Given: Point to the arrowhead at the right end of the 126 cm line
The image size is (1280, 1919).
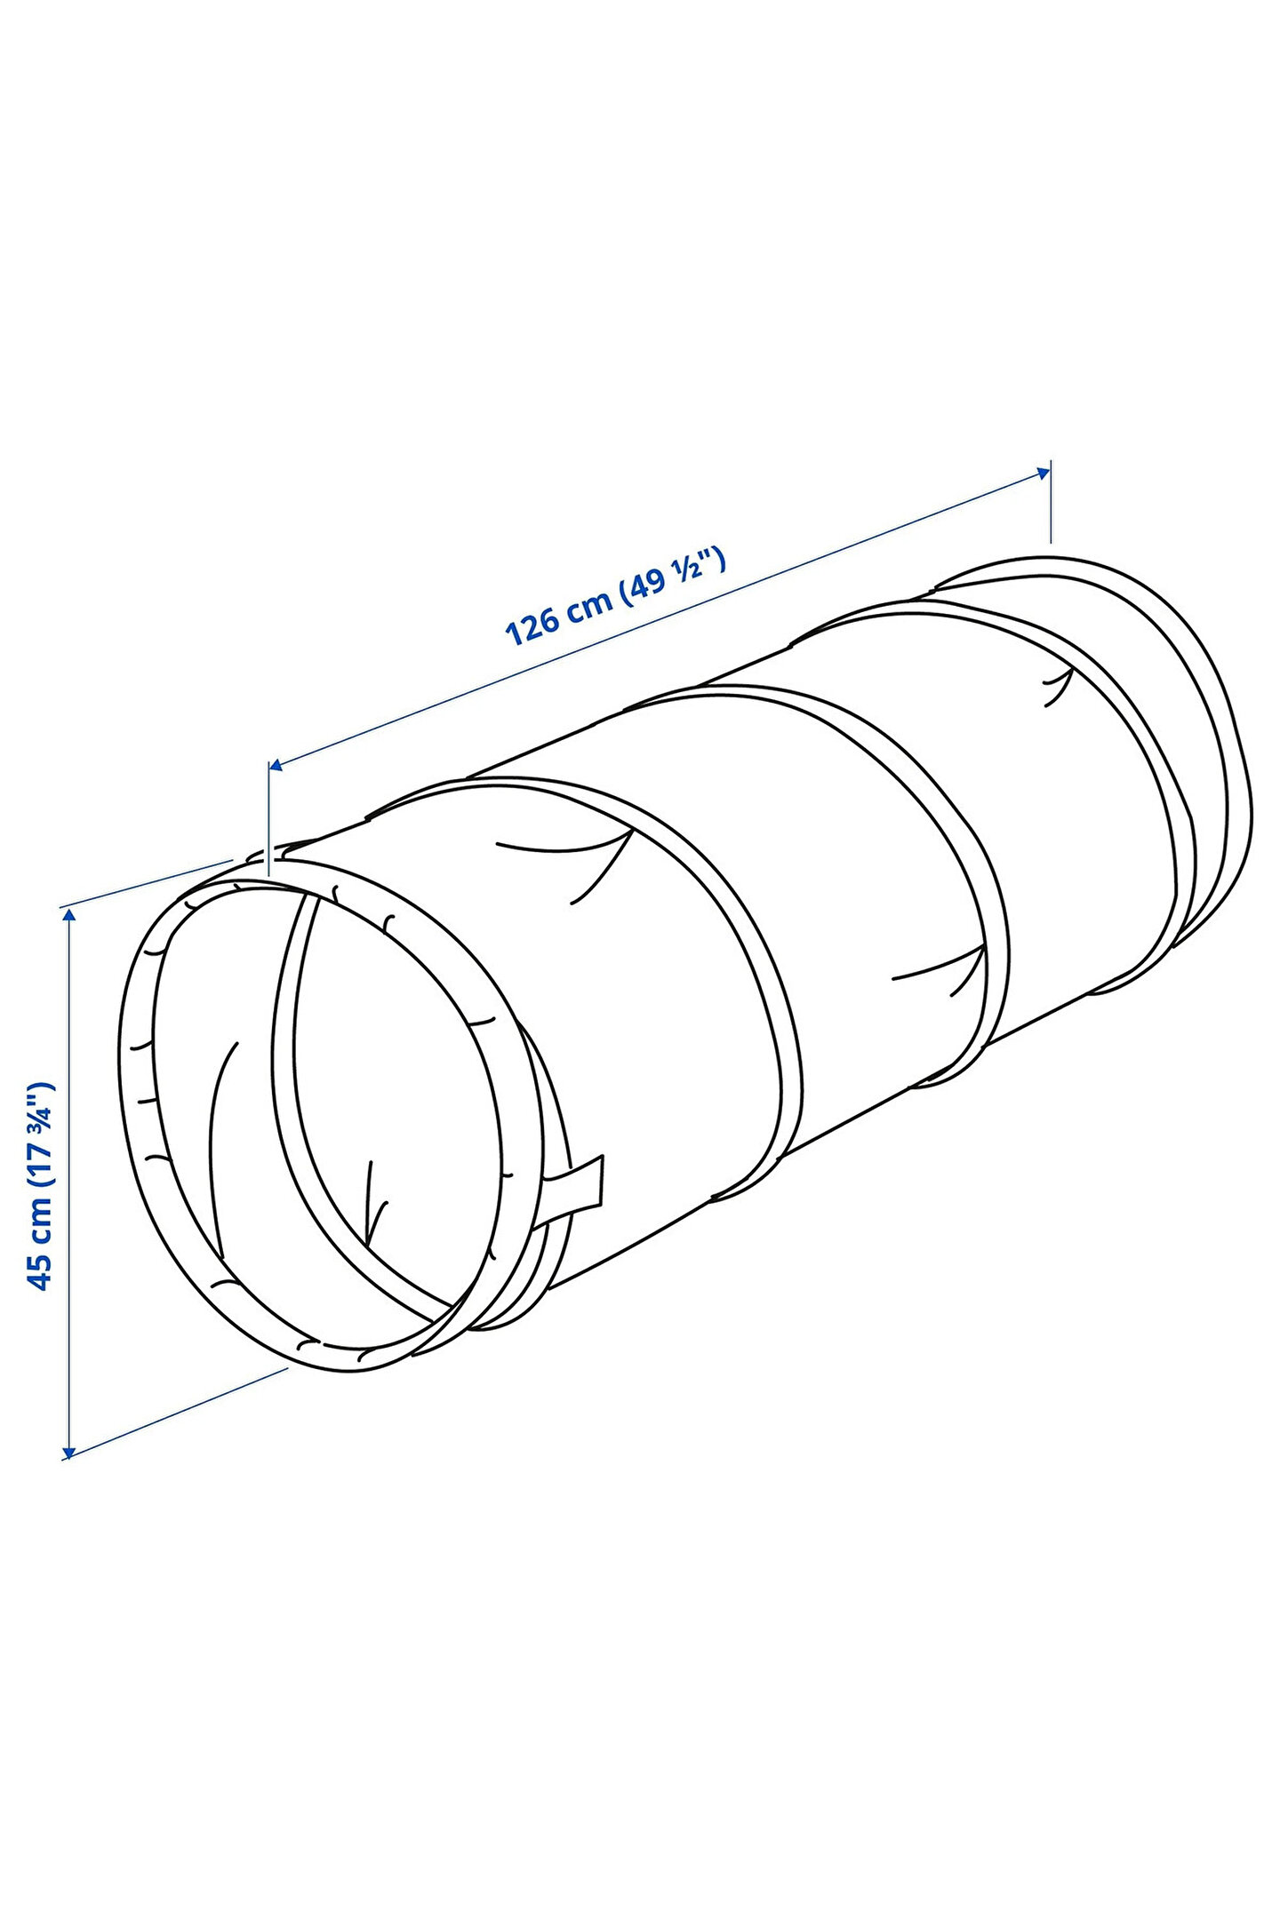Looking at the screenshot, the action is pyautogui.click(x=1044, y=474).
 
